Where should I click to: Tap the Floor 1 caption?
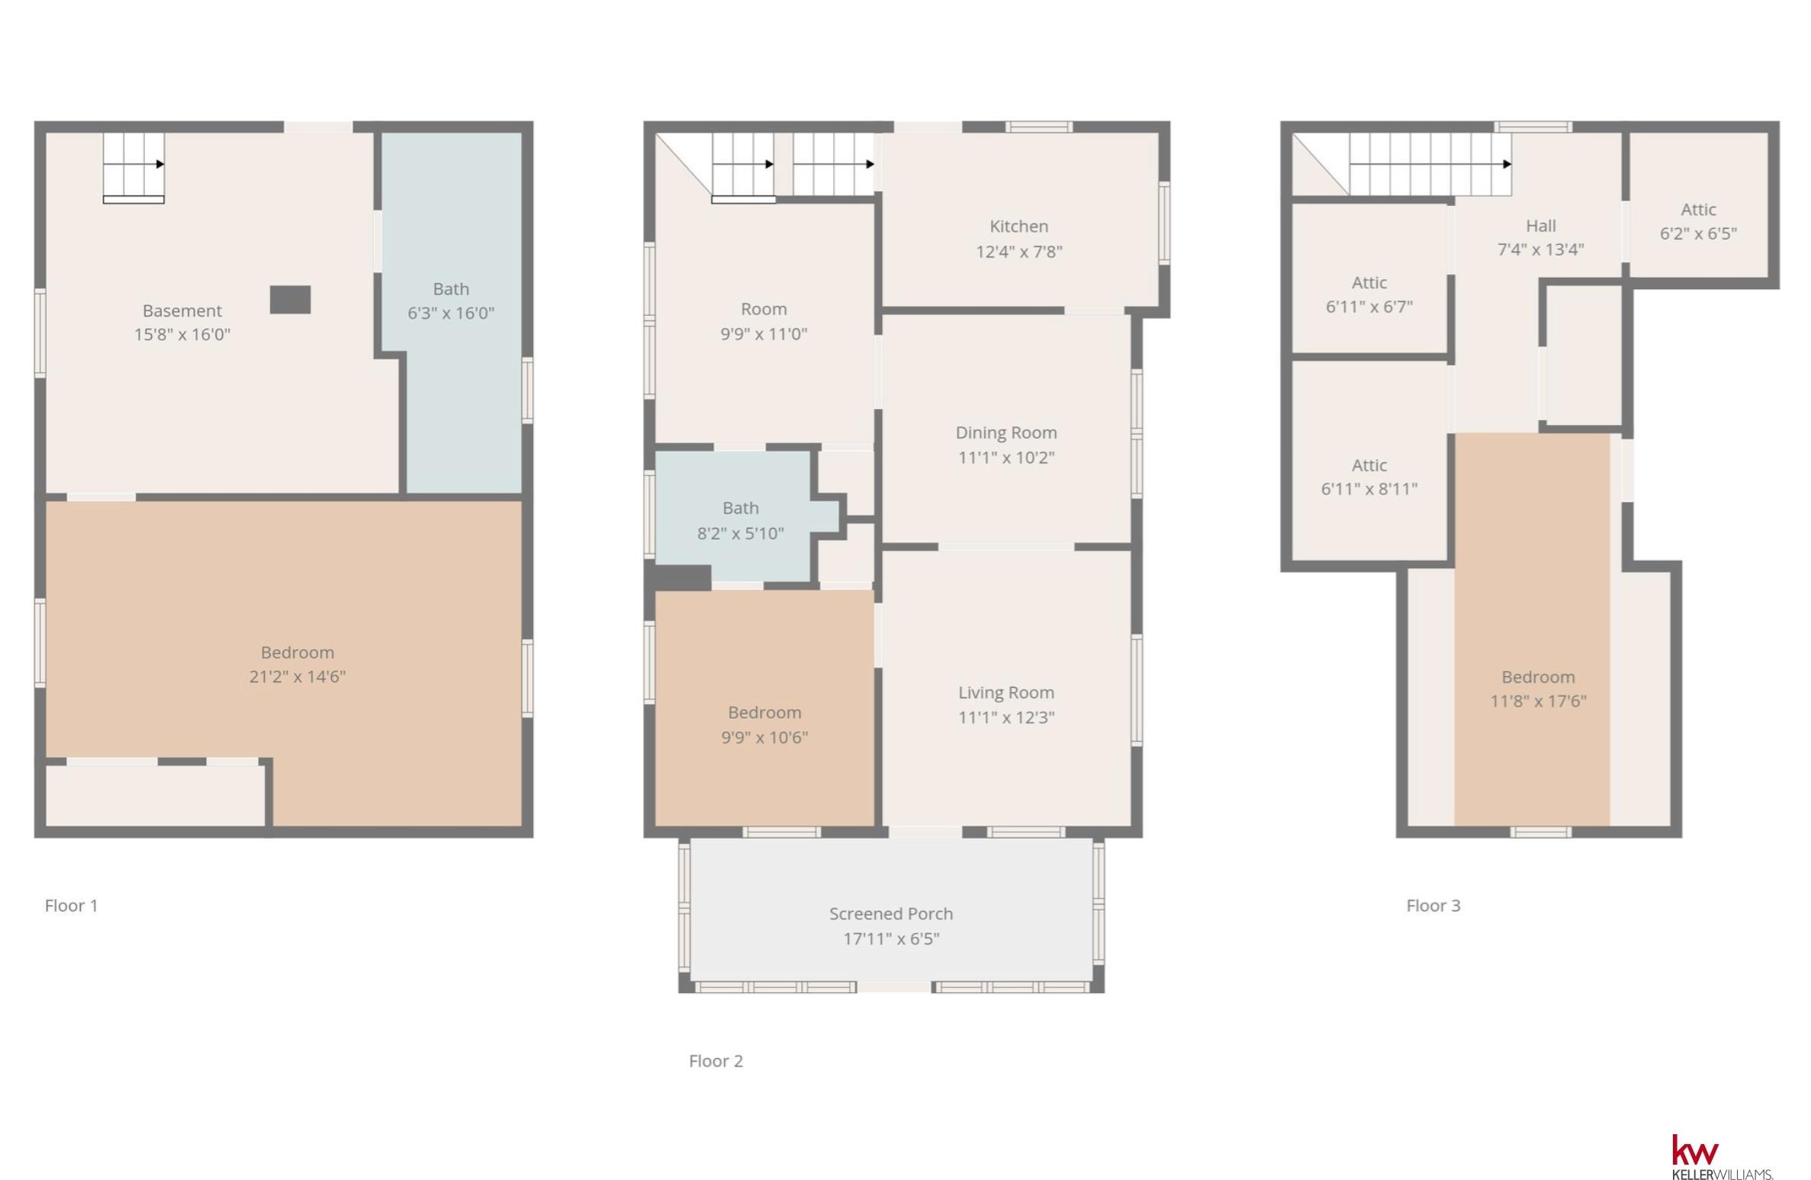point(71,905)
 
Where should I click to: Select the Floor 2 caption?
point(716,1061)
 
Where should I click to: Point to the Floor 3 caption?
point(1433,905)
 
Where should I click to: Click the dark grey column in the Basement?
point(290,300)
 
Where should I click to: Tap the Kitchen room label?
point(1019,227)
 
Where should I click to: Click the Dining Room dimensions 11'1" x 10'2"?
point(1006,457)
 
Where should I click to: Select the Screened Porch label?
point(891,914)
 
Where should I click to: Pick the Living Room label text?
point(1006,692)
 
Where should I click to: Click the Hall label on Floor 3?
point(1541,226)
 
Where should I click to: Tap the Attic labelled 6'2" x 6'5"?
point(1698,221)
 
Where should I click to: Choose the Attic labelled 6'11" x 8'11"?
point(1369,477)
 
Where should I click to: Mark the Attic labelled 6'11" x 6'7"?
point(1369,295)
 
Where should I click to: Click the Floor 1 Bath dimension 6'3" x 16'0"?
point(451,313)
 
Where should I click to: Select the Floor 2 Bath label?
point(741,508)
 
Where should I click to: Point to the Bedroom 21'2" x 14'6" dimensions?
point(298,676)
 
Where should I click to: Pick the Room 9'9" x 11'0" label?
point(764,321)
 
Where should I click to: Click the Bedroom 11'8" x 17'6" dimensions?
point(1539,701)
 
